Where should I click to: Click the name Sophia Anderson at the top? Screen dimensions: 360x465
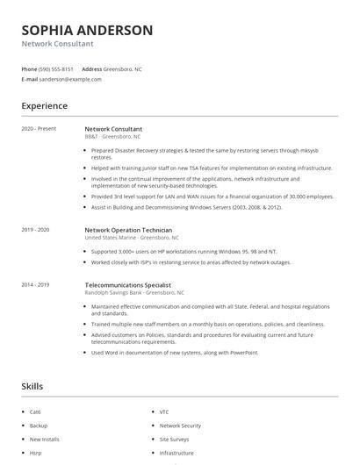pyautogui.click(x=87, y=30)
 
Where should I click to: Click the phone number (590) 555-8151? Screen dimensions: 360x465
pyautogui.click(x=57, y=68)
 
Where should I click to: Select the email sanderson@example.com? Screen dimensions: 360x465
pyautogui.click(x=71, y=79)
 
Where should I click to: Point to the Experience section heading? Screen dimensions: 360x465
pyautogui.click(x=44, y=106)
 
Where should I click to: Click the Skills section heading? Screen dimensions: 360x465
pyautogui.click(x=32, y=386)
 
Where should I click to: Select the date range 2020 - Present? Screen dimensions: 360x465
pyautogui.click(x=39, y=129)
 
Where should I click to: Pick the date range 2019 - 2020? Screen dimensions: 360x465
pyautogui.click(x=36, y=230)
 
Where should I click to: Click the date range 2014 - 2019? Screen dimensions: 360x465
pyautogui.click(x=36, y=285)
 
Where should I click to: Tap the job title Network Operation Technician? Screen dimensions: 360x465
pyautogui.click(x=129, y=230)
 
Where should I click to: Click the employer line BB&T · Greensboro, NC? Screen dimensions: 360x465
pyautogui.click(x=112, y=137)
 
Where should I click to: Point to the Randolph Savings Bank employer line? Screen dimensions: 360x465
pyautogui.click(x=134, y=292)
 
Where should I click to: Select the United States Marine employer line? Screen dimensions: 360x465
pyautogui.click(x=132, y=237)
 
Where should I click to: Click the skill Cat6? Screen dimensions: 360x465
pyautogui.click(x=35, y=411)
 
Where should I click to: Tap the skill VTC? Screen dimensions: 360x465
pyautogui.click(x=164, y=411)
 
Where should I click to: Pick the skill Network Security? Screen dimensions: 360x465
pyautogui.click(x=180, y=426)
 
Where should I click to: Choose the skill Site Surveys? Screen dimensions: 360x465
pyautogui.click(x=174, y=439)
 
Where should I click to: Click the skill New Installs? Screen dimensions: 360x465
pyautogui.click(x=44, y=439)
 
